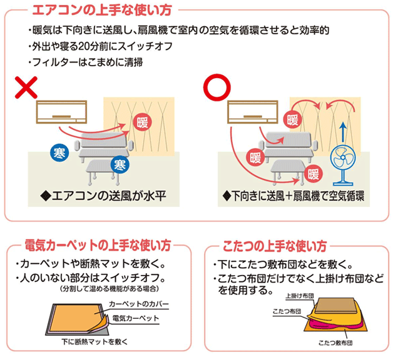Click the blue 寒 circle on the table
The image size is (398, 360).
coord(118,164)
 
